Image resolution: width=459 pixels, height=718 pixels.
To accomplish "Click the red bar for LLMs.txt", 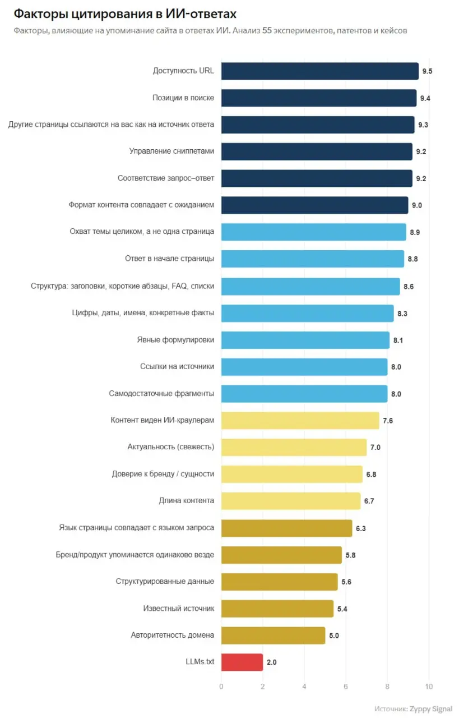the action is tap(242, 662).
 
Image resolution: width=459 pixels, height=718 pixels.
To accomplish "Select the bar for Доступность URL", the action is tap(319, 71).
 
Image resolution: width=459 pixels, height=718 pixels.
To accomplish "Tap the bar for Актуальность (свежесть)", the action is tap(294, 447).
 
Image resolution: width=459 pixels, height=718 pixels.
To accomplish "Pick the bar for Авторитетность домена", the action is tap(273, 636).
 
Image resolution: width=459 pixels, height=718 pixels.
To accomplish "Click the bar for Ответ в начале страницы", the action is tap(313, 259).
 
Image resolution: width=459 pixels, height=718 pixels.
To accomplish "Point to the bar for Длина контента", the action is tap(291, 501).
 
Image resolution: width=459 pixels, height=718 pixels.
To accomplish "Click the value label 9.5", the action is tap(427, 71).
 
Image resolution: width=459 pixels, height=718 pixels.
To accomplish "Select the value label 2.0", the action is tap(271, 662).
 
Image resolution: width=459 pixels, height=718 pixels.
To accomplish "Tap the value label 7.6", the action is tap(388, 421).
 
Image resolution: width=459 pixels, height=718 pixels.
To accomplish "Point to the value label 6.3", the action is tap(361, 528).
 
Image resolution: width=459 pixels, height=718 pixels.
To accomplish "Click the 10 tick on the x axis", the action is tap(429, 687).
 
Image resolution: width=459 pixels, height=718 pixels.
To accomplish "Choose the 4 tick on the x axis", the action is tap(304, 687).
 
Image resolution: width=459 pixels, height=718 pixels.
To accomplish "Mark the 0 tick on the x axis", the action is tap(221, 687).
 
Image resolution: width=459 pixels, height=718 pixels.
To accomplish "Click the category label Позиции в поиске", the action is tap(183, 98).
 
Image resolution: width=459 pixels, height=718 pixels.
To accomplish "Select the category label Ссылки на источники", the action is tap(177, 366).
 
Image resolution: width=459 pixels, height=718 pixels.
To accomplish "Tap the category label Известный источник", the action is tap(179, 609).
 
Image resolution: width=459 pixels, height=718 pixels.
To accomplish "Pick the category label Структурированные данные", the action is tap(165, 582).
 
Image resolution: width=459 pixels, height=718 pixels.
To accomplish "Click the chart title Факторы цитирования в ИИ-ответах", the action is tap(125, 14).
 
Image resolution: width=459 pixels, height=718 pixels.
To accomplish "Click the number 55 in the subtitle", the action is tap(267, 30).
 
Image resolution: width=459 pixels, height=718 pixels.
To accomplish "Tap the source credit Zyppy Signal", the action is tap(431, 708).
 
